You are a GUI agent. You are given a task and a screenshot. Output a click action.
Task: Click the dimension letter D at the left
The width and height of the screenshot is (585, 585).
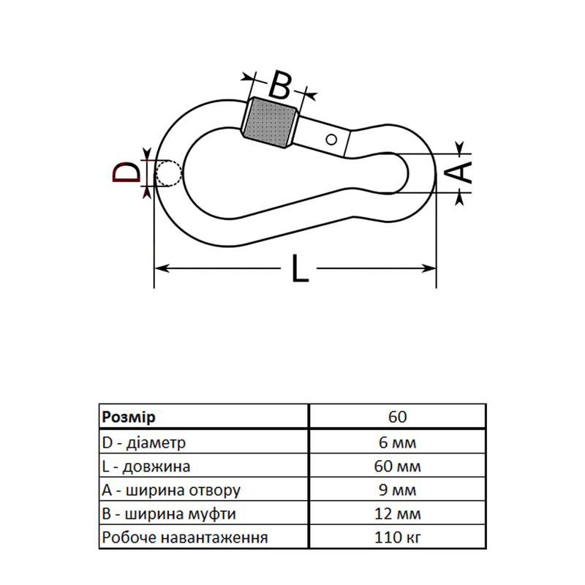tap(127, 173)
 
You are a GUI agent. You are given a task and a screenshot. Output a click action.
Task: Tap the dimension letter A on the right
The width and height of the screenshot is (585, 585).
tap(459, 173)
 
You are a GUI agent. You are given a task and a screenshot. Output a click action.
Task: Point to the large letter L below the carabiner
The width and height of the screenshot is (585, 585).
tap(300, 268)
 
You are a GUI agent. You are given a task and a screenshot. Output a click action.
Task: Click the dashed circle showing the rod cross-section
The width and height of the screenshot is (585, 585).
tap(169, 174)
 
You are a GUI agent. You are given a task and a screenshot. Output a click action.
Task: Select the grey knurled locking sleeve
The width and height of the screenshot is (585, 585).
tap(270, 123)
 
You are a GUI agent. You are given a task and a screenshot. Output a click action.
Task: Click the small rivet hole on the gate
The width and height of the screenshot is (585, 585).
tap(331, 140)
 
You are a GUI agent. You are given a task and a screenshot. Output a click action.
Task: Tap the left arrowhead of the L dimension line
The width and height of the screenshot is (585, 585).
tap(162, 268)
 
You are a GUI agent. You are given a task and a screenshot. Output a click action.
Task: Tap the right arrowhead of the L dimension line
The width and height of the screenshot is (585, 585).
tap(429, 268)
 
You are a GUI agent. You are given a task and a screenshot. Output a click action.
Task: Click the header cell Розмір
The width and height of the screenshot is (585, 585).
tap(129, 417)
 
